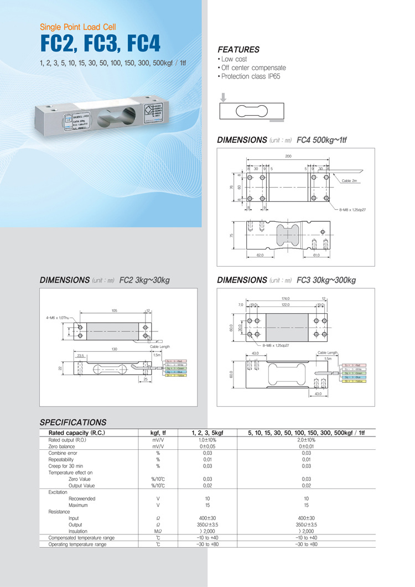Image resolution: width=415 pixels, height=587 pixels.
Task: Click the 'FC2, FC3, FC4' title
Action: pyautogui.click(x=100, y=43)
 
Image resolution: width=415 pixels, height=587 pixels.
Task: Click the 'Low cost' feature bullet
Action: pyautogui.click(x=234, y=59)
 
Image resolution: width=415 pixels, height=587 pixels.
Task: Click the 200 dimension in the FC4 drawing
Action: pyautogui.click(x=288, y=157)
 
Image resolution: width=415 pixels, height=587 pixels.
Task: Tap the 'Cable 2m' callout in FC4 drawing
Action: pyautogui.click(x=350, y=181)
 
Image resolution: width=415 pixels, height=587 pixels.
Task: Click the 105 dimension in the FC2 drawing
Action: pyautogui.click(x=114, y=311)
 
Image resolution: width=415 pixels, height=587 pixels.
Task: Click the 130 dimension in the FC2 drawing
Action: pyautogui.click(x=114, y=349)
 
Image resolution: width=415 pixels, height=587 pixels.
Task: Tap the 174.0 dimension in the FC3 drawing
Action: pyautogui.click(x=286, y=299)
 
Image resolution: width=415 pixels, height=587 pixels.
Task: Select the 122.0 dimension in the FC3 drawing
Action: pyautogui.click(x=286, y=304)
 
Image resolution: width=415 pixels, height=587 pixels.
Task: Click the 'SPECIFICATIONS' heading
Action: pyautogui.click(x=73, y=422)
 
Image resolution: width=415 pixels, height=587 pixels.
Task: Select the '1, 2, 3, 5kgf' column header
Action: pyautogui.click(x=207, y=432)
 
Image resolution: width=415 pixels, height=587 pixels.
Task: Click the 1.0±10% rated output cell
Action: pyautogui.click(x=207, y=439)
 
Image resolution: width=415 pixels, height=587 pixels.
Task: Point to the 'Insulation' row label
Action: pyautogui.click(x=78, y=531)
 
